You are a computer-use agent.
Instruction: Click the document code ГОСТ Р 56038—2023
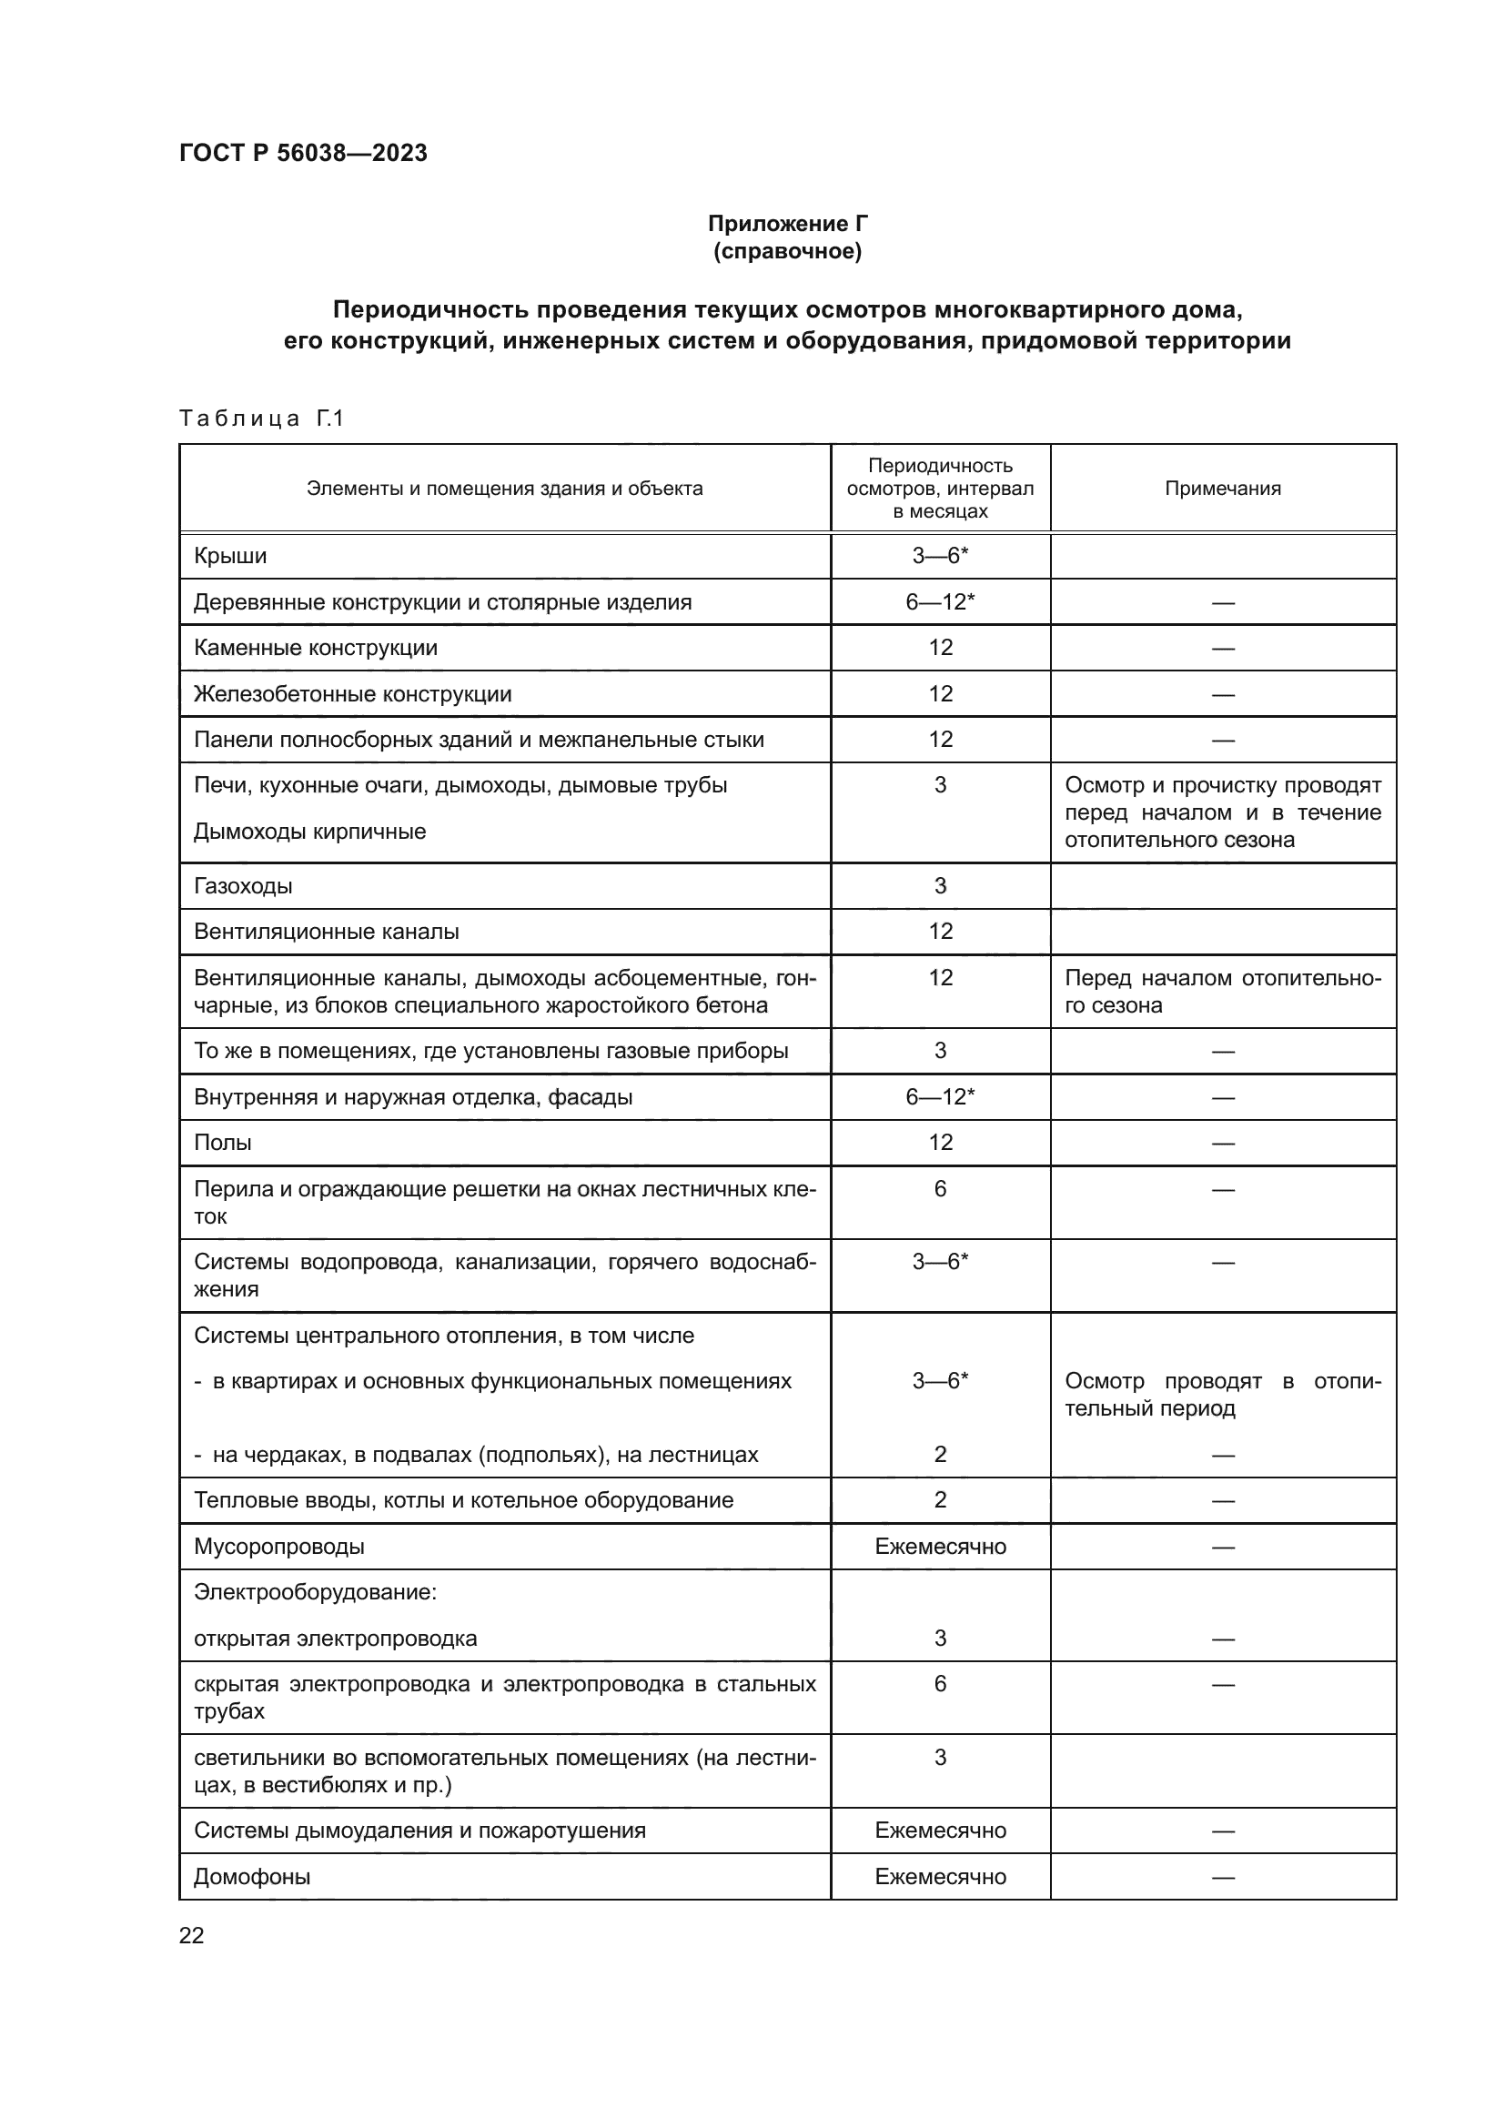pyautogui.click(x=303, y=153)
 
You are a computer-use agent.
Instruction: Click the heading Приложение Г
pyautogui.click(x=788, y=224)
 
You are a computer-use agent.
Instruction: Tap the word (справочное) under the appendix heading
pyautogui.click(x=788, y=251)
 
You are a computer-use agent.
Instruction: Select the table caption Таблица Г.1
pyautogui.click(x=261, y=419)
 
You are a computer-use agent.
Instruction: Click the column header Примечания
pyautogui.click(x=1222, y=489)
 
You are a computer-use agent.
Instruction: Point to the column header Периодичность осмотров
pyautogui.click(x=940, y=489)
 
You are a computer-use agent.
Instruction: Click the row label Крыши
pyautogui.click(x=230, y=556)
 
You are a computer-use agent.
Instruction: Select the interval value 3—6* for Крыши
pyautogui.click(x=940, y=556)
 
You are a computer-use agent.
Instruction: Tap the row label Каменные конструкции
pyautogui.click(x=315, y=648)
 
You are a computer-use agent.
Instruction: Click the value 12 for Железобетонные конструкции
pyautogui.click(x=940, y=694)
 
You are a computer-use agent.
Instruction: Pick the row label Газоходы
pyautogui.click(x=243, y=886)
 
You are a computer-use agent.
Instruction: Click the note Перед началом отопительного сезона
pyautogui.click(x=1222, y=992)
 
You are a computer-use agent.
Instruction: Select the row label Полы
pyautogui.click(x=222, y=1143)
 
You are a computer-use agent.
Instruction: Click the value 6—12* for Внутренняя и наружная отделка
pyautogui.click(x=940, y=1097)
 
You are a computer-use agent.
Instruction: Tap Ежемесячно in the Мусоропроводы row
pyautogui.click(x=940, y=1547)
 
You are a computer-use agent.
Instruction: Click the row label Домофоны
pyautogui.click(x=252, y=1877)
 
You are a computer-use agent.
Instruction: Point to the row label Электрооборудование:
pyautogui.click(x=315, y=1592)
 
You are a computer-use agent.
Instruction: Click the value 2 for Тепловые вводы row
pyautogui.click(x=940, y=1500)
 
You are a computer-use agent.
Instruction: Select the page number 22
pyautogui.click(x=192, y=1936)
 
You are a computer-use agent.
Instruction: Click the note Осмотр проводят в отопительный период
pyautogui.click(x=1222, y=1395)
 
